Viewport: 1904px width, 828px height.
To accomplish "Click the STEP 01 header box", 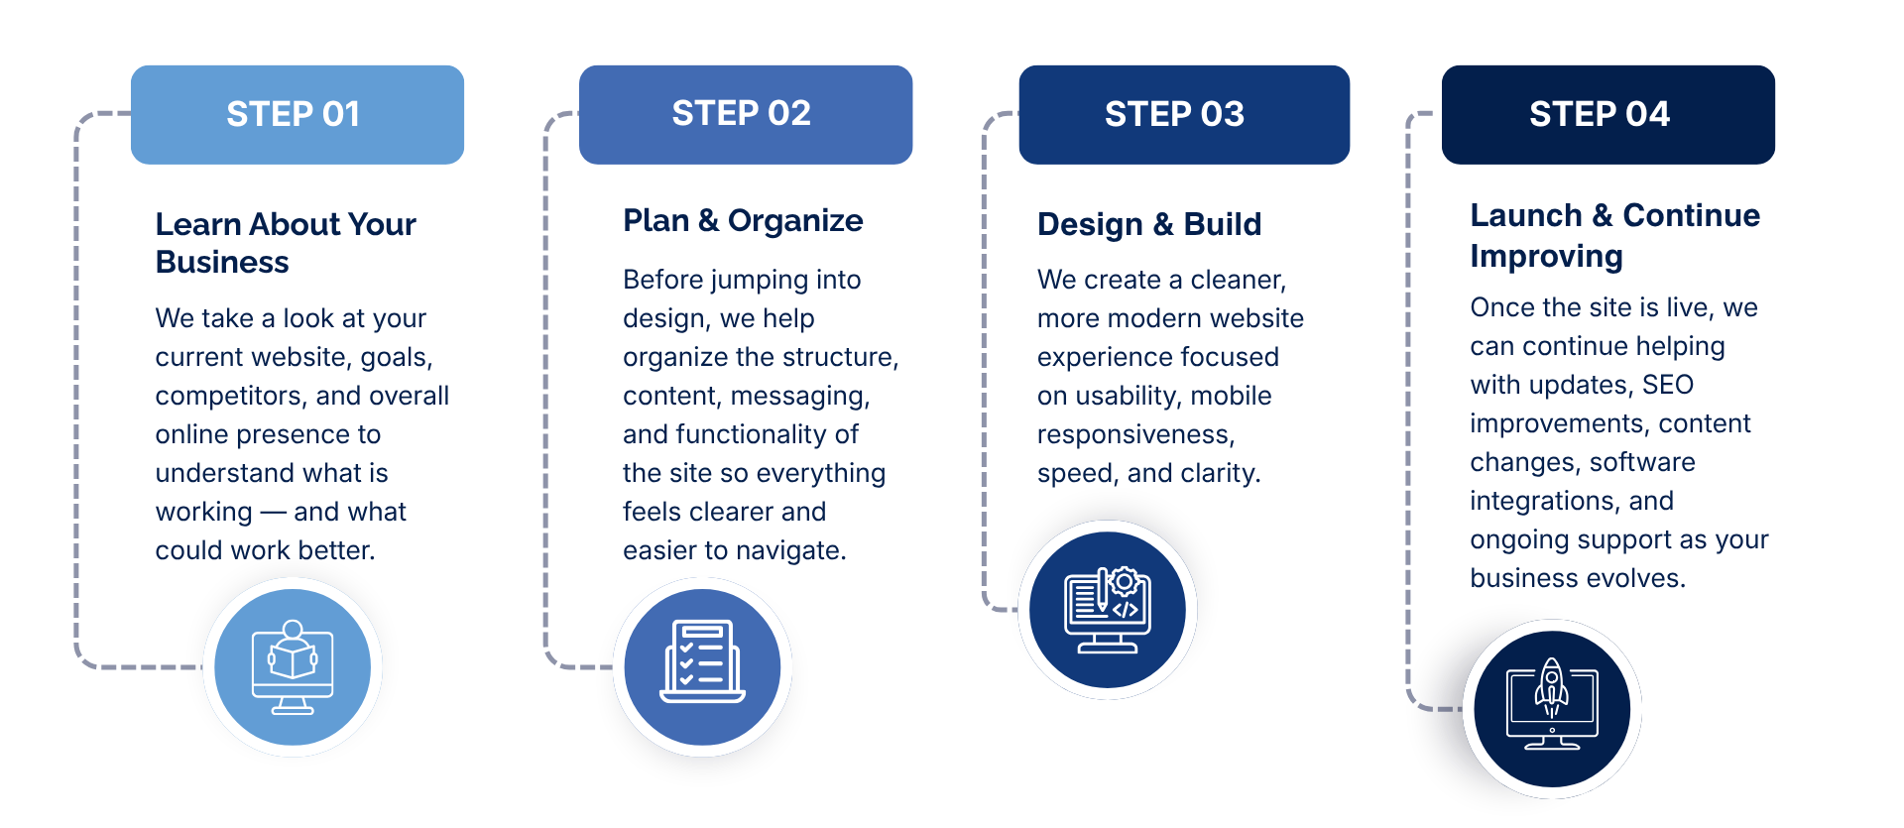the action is [x=297, y=115].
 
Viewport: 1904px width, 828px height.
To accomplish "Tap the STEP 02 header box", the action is [x=746, y=115].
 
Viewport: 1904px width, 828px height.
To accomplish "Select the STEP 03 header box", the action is [x=1184, y=115].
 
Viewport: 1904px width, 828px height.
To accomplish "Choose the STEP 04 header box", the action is [x=1608, y=115].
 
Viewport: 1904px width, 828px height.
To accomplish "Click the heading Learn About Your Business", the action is [x=286, y=243].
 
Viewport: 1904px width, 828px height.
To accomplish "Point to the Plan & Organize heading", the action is [x=743, y=220].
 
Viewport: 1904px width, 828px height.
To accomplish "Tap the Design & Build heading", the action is [x=1149, y=225].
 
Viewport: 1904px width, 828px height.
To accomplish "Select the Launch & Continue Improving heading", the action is [x=1614, y=236].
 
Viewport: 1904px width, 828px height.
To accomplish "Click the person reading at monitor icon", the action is [x=293, y=666].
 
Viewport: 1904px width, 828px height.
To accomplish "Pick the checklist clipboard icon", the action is [x=703, y=661].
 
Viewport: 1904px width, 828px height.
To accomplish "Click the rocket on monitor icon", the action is [x=1552, y=704].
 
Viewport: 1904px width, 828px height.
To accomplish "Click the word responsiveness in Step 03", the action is [x=1135, y=434].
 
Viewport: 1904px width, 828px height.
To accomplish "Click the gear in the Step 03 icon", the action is [x=1125, y=581].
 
